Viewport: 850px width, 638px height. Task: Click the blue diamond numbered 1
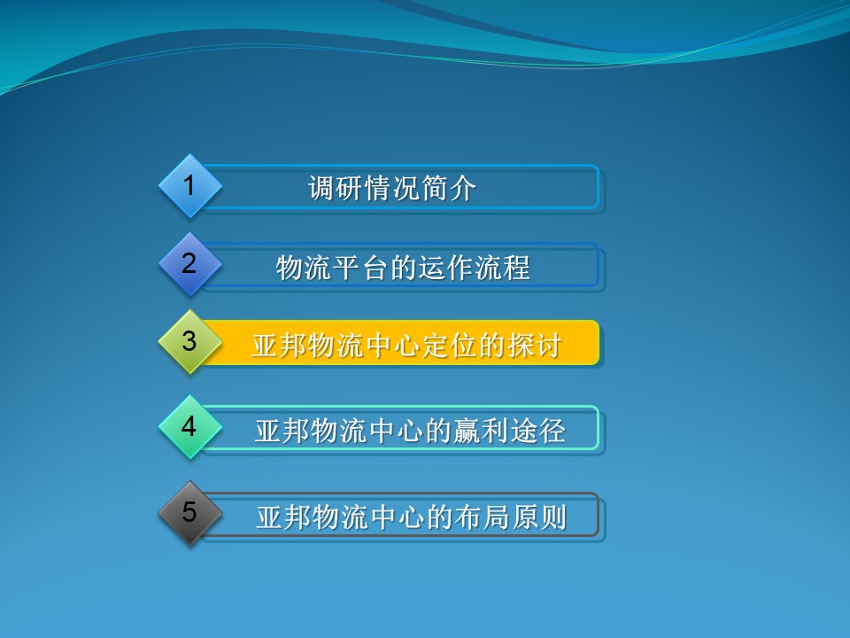189,186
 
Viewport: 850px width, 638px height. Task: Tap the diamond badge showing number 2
189,264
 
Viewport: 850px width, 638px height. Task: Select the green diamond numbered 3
189,342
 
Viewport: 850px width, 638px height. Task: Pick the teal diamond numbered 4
189,427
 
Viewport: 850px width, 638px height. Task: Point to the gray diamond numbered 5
189,513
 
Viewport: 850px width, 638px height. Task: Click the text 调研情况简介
392,189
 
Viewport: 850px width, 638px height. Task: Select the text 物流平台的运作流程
403,267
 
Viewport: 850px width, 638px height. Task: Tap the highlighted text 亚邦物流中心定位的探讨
406,345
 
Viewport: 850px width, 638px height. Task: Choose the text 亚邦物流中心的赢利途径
410,431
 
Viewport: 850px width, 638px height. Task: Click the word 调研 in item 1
336,189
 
